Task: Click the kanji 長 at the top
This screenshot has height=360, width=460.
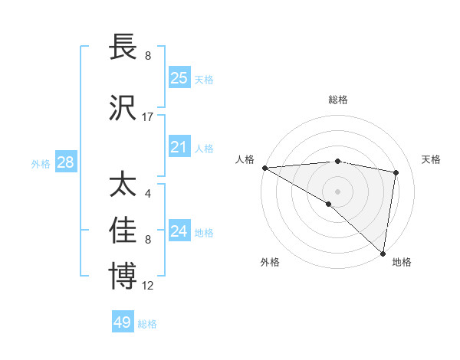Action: pos(123,47)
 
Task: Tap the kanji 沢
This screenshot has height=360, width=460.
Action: pos(123,109)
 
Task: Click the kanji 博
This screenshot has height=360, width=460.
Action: pos(123,277)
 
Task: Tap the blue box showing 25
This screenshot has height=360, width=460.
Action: pos(179,78)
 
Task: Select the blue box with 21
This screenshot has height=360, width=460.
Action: pos(179,148)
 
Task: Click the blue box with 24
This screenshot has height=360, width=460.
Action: pos(179,232)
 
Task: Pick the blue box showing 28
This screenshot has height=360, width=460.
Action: pos(65,163)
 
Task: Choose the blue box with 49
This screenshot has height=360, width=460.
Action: pos(123,323)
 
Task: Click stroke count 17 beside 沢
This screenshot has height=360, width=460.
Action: pos(148,117)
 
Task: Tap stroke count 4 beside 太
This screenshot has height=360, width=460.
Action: pos(147,193)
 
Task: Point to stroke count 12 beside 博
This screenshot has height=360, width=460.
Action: pos(148,285)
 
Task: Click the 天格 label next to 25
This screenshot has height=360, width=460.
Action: pos(204,79)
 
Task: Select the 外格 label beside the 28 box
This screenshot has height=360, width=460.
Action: pos(41,164)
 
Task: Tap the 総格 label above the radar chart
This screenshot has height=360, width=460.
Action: pos(337,100)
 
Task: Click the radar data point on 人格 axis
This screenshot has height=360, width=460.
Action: pos(264,168)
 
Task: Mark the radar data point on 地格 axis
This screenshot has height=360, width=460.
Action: pos(383,253)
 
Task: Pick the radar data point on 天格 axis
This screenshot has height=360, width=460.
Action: pos(396,172)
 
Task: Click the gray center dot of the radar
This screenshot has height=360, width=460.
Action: pos(337,191)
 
